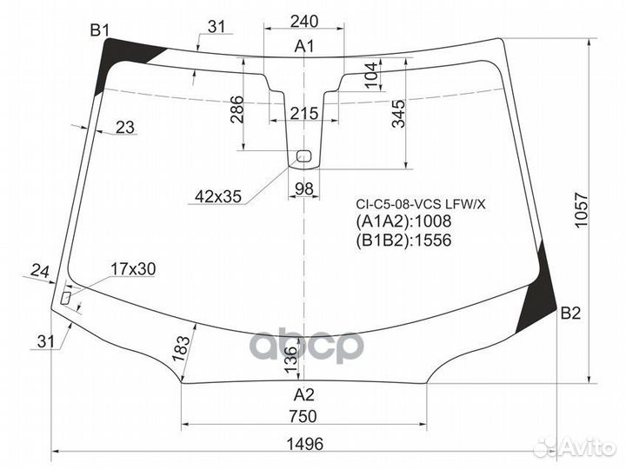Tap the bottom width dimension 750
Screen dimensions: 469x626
(303, 416)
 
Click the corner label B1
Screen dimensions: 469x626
(100, 31)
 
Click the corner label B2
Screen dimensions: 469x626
(569, 314)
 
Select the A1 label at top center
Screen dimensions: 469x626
(303, 47)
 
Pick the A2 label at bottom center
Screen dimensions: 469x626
(303, 393)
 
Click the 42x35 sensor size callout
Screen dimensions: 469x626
(217, 197)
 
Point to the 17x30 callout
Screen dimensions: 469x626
(133, 269)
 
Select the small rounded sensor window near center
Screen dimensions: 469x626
(303, 156)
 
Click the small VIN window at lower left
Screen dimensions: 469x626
(66, 297)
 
